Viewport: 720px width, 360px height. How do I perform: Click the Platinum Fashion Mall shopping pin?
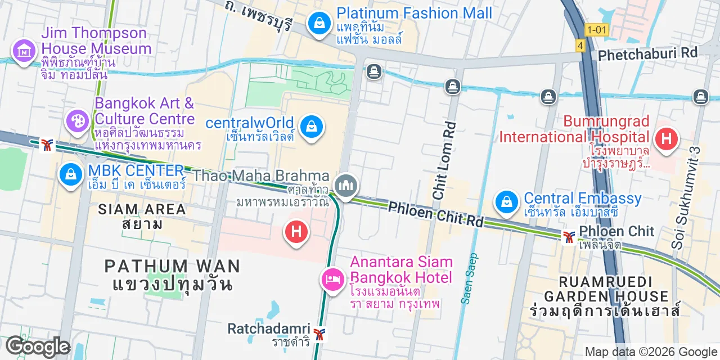(319, 24)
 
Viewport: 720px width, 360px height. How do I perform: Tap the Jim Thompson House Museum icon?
(24, 51)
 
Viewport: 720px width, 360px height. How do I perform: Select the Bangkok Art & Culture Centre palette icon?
(78, 121)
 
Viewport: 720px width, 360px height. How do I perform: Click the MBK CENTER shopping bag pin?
(71, 174)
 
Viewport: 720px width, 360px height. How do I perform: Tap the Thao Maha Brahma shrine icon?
(346, 185)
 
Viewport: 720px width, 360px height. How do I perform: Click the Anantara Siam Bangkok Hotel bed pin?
(332, 279)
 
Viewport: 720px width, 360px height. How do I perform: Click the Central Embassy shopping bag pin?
(507, 201)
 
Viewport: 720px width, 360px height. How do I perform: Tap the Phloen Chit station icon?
(569, 237)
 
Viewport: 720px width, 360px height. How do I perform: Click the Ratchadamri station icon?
(319, 334)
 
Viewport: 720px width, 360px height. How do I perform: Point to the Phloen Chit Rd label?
(436, 215)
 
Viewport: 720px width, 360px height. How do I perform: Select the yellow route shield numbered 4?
(580, 45)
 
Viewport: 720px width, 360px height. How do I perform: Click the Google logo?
(38, 347)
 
